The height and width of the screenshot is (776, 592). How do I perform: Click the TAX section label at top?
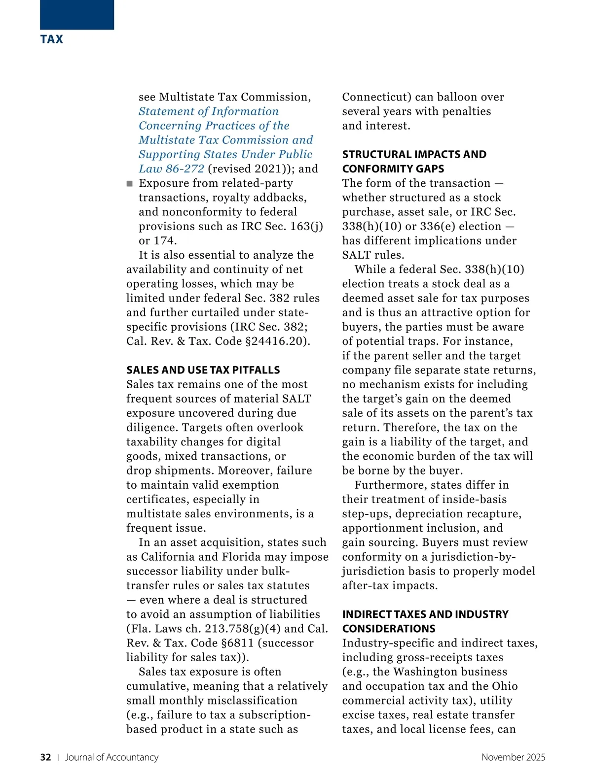(x=52, y=39)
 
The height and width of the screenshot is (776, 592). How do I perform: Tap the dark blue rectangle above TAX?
(x=77, y=14)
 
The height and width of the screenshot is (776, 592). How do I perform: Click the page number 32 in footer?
(x=45, y=757)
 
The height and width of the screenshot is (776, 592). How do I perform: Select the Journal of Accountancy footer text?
(x=112, y=757)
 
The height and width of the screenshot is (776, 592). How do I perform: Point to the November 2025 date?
(x=513, y=757)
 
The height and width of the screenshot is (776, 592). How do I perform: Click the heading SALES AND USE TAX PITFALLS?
(x=203, y=370)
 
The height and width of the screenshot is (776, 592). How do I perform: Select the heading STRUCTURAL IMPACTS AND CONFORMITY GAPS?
(x=414, y=162)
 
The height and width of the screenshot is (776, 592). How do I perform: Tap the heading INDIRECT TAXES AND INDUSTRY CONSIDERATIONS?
(x=425, y=621)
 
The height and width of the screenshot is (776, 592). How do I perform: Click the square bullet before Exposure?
(x=130, y=184)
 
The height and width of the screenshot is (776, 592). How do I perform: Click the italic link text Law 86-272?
(x=171, y=169)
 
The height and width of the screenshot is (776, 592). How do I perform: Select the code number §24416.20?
(x=277, y=341)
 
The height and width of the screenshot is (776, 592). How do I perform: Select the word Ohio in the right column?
(x=505, y=686)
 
